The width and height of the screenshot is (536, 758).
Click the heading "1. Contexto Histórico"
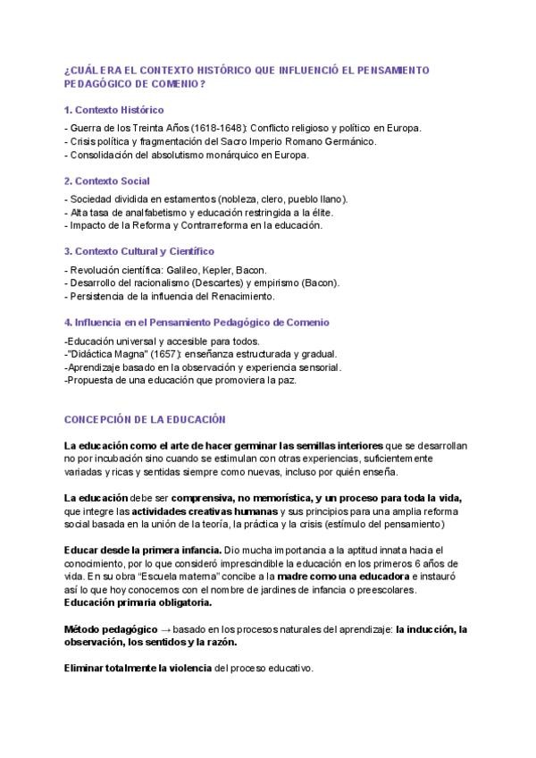pos(113,110)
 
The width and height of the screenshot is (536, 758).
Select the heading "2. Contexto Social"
pos(106,181)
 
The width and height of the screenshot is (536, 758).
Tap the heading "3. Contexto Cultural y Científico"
pos(139,252)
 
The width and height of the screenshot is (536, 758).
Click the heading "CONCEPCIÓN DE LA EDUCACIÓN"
pos(145,418)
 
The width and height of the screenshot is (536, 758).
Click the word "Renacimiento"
pos(243,296)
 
